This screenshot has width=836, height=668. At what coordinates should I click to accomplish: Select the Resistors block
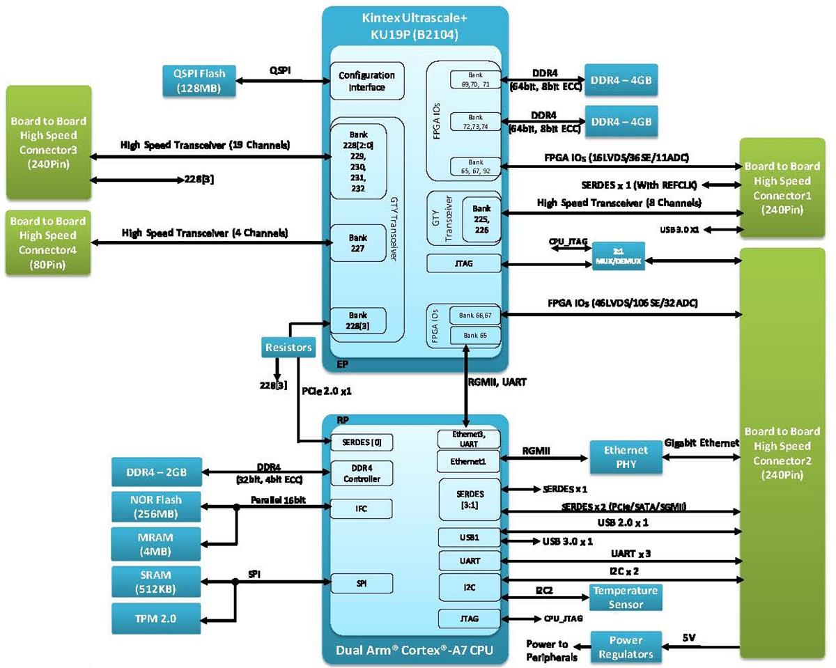tap(288, 346)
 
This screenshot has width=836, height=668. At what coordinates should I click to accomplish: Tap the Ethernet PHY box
tap(626, 457)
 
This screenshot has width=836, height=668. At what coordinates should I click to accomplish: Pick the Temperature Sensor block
tap(625, 597)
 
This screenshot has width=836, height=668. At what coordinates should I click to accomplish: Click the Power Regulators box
tap(626, 646)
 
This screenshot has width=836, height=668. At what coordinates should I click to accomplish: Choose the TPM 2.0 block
tap(156, 618)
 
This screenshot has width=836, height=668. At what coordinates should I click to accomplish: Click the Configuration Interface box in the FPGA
tap(366, 81)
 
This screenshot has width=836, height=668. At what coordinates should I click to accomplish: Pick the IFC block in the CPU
tap(361, 509)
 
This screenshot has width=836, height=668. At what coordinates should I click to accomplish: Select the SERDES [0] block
tap(361, 442)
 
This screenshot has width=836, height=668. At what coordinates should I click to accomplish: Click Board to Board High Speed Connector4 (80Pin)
tap(47, 242)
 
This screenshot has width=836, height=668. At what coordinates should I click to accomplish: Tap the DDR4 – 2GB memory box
tap(156, 474)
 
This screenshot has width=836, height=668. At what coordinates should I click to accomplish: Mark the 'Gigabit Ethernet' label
tap(702, 442)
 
